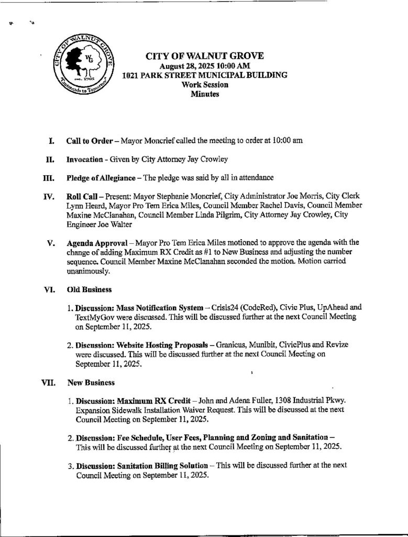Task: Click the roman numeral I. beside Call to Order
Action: (51, 142)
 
